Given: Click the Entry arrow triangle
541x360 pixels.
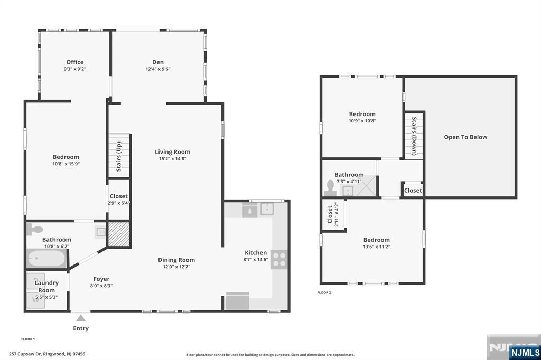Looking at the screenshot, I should pos(81,318).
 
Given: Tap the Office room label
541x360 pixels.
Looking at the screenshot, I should pos(74,62).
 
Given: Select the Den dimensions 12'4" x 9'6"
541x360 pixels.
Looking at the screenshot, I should pos(158,69).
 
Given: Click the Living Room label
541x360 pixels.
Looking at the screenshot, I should pos(172,152).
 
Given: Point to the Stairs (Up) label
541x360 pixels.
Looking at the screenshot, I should pos(119,156).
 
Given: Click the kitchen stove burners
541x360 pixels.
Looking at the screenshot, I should pos(279,259).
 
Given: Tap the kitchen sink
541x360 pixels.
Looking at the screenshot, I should pos(267,209).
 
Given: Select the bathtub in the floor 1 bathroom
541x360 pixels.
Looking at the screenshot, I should pos(46,260).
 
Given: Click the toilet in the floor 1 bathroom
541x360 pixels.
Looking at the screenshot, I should pos(35,230).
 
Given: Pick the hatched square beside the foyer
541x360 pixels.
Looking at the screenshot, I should pos(118,234).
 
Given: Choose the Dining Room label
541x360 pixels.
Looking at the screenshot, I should pos(176,260).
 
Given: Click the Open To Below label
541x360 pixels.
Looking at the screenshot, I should pos(465,137).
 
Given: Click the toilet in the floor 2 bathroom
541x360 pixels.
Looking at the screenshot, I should pos(331,187).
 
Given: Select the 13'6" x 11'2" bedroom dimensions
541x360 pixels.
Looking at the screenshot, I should pos(376,247).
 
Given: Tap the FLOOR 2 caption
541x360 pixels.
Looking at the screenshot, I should pos(324,292).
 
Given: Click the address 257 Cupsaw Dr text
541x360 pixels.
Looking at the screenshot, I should pos(47,354).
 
